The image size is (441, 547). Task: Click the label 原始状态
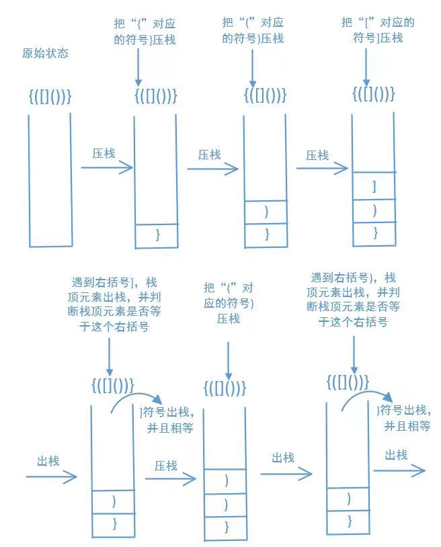[x=45, y=53]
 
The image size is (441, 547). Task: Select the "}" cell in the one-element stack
[x=157, y=235]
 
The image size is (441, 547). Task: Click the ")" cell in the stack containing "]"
[x=374, y=210]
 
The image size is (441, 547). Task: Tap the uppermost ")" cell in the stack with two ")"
[x=225, y=480]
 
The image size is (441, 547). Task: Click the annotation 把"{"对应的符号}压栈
[x=145, y=32]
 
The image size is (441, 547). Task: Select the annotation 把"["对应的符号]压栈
[x=378, y=30]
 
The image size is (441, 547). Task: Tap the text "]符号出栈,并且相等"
[x=166, y=419]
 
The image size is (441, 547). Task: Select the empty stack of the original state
[x=50, y=180]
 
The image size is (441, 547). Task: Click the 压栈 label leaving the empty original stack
[x=104, y=153]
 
